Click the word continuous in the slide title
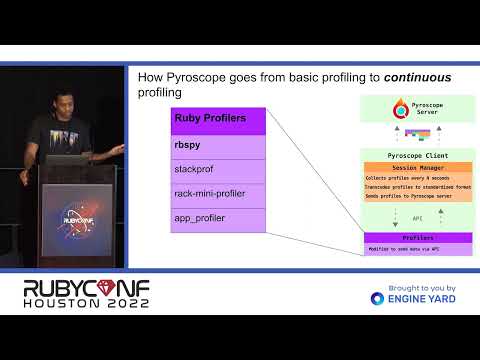click(x=419, y=77)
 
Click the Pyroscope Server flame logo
click(x=401, y=107)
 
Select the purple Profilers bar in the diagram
click(x=418, y=238)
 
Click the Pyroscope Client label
click(x=418, y=156)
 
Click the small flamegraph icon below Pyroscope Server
click(x=419, y=132)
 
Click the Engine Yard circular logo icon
click(x=377, y=298)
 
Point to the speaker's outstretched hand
click(x=118, y=149)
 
